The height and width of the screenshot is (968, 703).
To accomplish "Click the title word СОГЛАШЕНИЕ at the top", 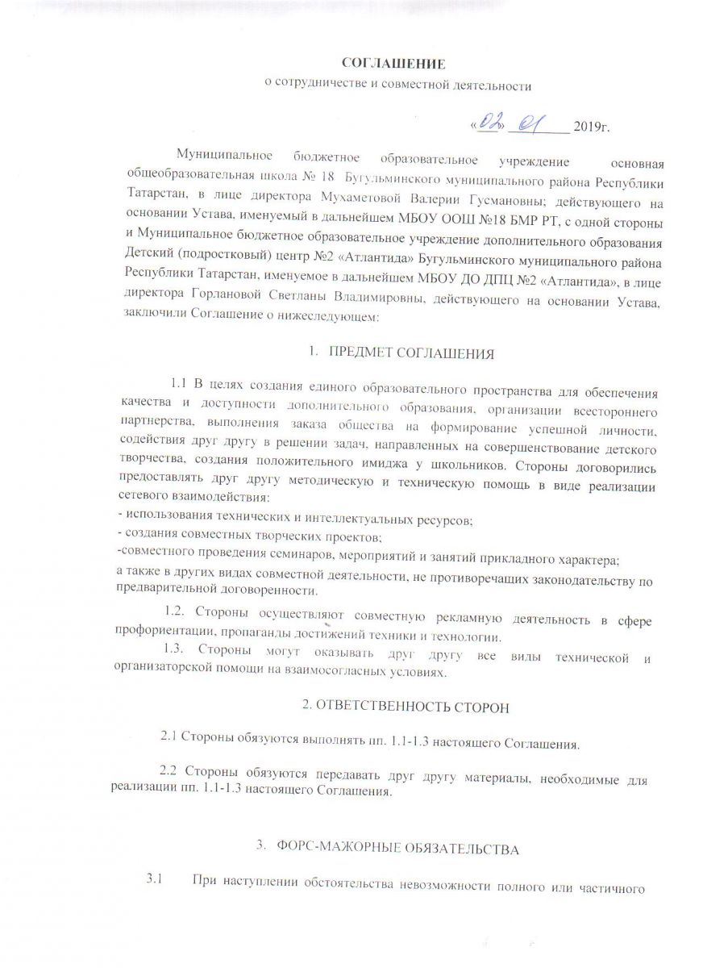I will tap(394, 62).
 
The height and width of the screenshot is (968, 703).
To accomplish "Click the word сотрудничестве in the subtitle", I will tap(321, 83).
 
